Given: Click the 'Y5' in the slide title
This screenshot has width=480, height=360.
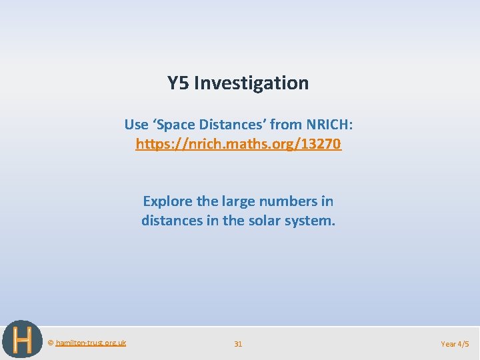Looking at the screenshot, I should [x=178, y=83].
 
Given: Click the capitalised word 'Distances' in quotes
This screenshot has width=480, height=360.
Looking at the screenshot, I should [x=229, y=125].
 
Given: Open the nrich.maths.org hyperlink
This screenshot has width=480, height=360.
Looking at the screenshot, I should [x=239, y=144].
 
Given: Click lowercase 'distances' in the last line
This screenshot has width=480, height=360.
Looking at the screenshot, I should [x=171, y=221].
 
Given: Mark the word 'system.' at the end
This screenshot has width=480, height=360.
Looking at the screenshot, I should [x=311, y=221].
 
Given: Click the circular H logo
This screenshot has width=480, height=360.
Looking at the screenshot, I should [x=22, y=340].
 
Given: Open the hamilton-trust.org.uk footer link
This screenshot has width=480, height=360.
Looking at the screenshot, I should [x=90, y=343].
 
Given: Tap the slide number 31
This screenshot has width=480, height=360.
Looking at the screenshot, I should [x=238, y=344].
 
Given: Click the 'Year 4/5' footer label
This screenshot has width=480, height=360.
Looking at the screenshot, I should [x=455, y=344].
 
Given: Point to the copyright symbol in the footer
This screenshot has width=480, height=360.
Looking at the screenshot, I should [x=51, y=343].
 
